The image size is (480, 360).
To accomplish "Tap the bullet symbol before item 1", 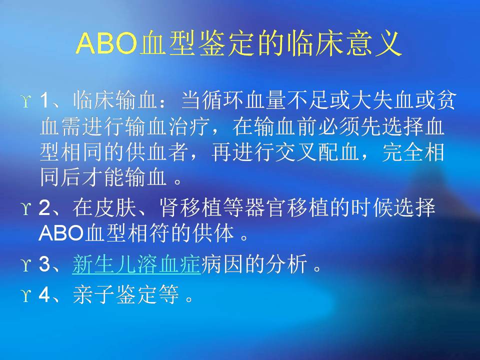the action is pos(26,100).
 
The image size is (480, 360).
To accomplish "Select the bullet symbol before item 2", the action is pos(26,208).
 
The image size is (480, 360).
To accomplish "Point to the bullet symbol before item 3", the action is pos(26,264).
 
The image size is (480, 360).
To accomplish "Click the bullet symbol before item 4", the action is pos(26,295).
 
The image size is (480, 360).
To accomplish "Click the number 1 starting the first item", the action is pos(44,100).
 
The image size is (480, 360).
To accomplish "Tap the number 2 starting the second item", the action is pos(44,208).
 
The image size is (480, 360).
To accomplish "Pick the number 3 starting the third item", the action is pos(44,264).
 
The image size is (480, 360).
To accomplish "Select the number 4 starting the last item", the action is pos(44,294).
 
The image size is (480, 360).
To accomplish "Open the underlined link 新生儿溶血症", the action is pos(136,264).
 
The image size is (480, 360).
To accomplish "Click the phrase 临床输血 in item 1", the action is pos(115,100).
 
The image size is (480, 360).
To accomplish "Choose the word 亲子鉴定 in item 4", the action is pos(115,294).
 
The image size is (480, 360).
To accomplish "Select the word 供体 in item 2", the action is pos(213,233).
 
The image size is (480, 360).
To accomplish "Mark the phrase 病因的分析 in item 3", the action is pos(254,264).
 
